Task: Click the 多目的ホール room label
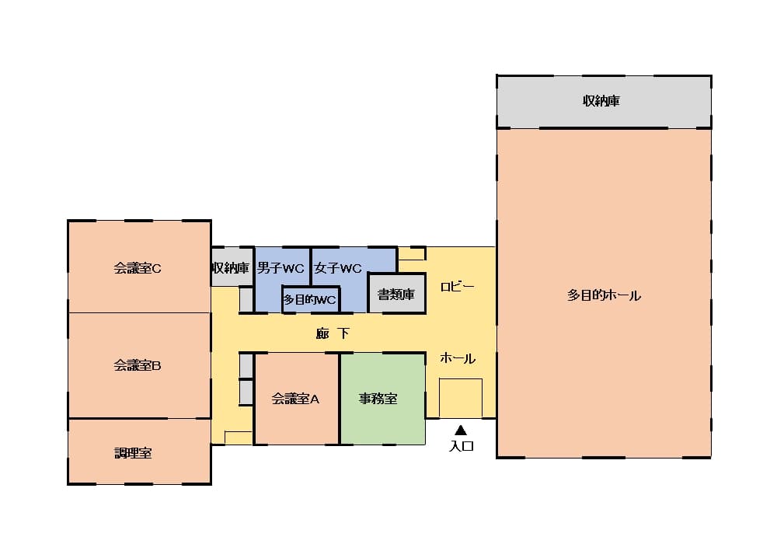(x=604, y=295)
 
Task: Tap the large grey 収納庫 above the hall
(x=602, y=101)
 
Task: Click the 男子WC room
(x=280, y=269)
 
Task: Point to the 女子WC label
(x=338, y=269)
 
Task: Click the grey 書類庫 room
(x=396, y=295)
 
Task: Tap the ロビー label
(x=457, y=286)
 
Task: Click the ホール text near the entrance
(x=458, y=358)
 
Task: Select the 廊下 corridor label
(x=333, y=333)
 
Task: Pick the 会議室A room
(x=296, y=399)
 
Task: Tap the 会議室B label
(x=138, y=364)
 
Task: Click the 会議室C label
(x=138, y=268)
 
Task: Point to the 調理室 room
(x=133, y=453)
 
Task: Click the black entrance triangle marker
(x=461, y=429)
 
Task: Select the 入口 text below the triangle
(x=462, y=446)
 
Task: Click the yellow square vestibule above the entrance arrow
(x=461, y=398)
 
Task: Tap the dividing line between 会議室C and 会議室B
(x=140, y=312)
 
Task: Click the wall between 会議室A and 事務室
(x=340, y=399)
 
